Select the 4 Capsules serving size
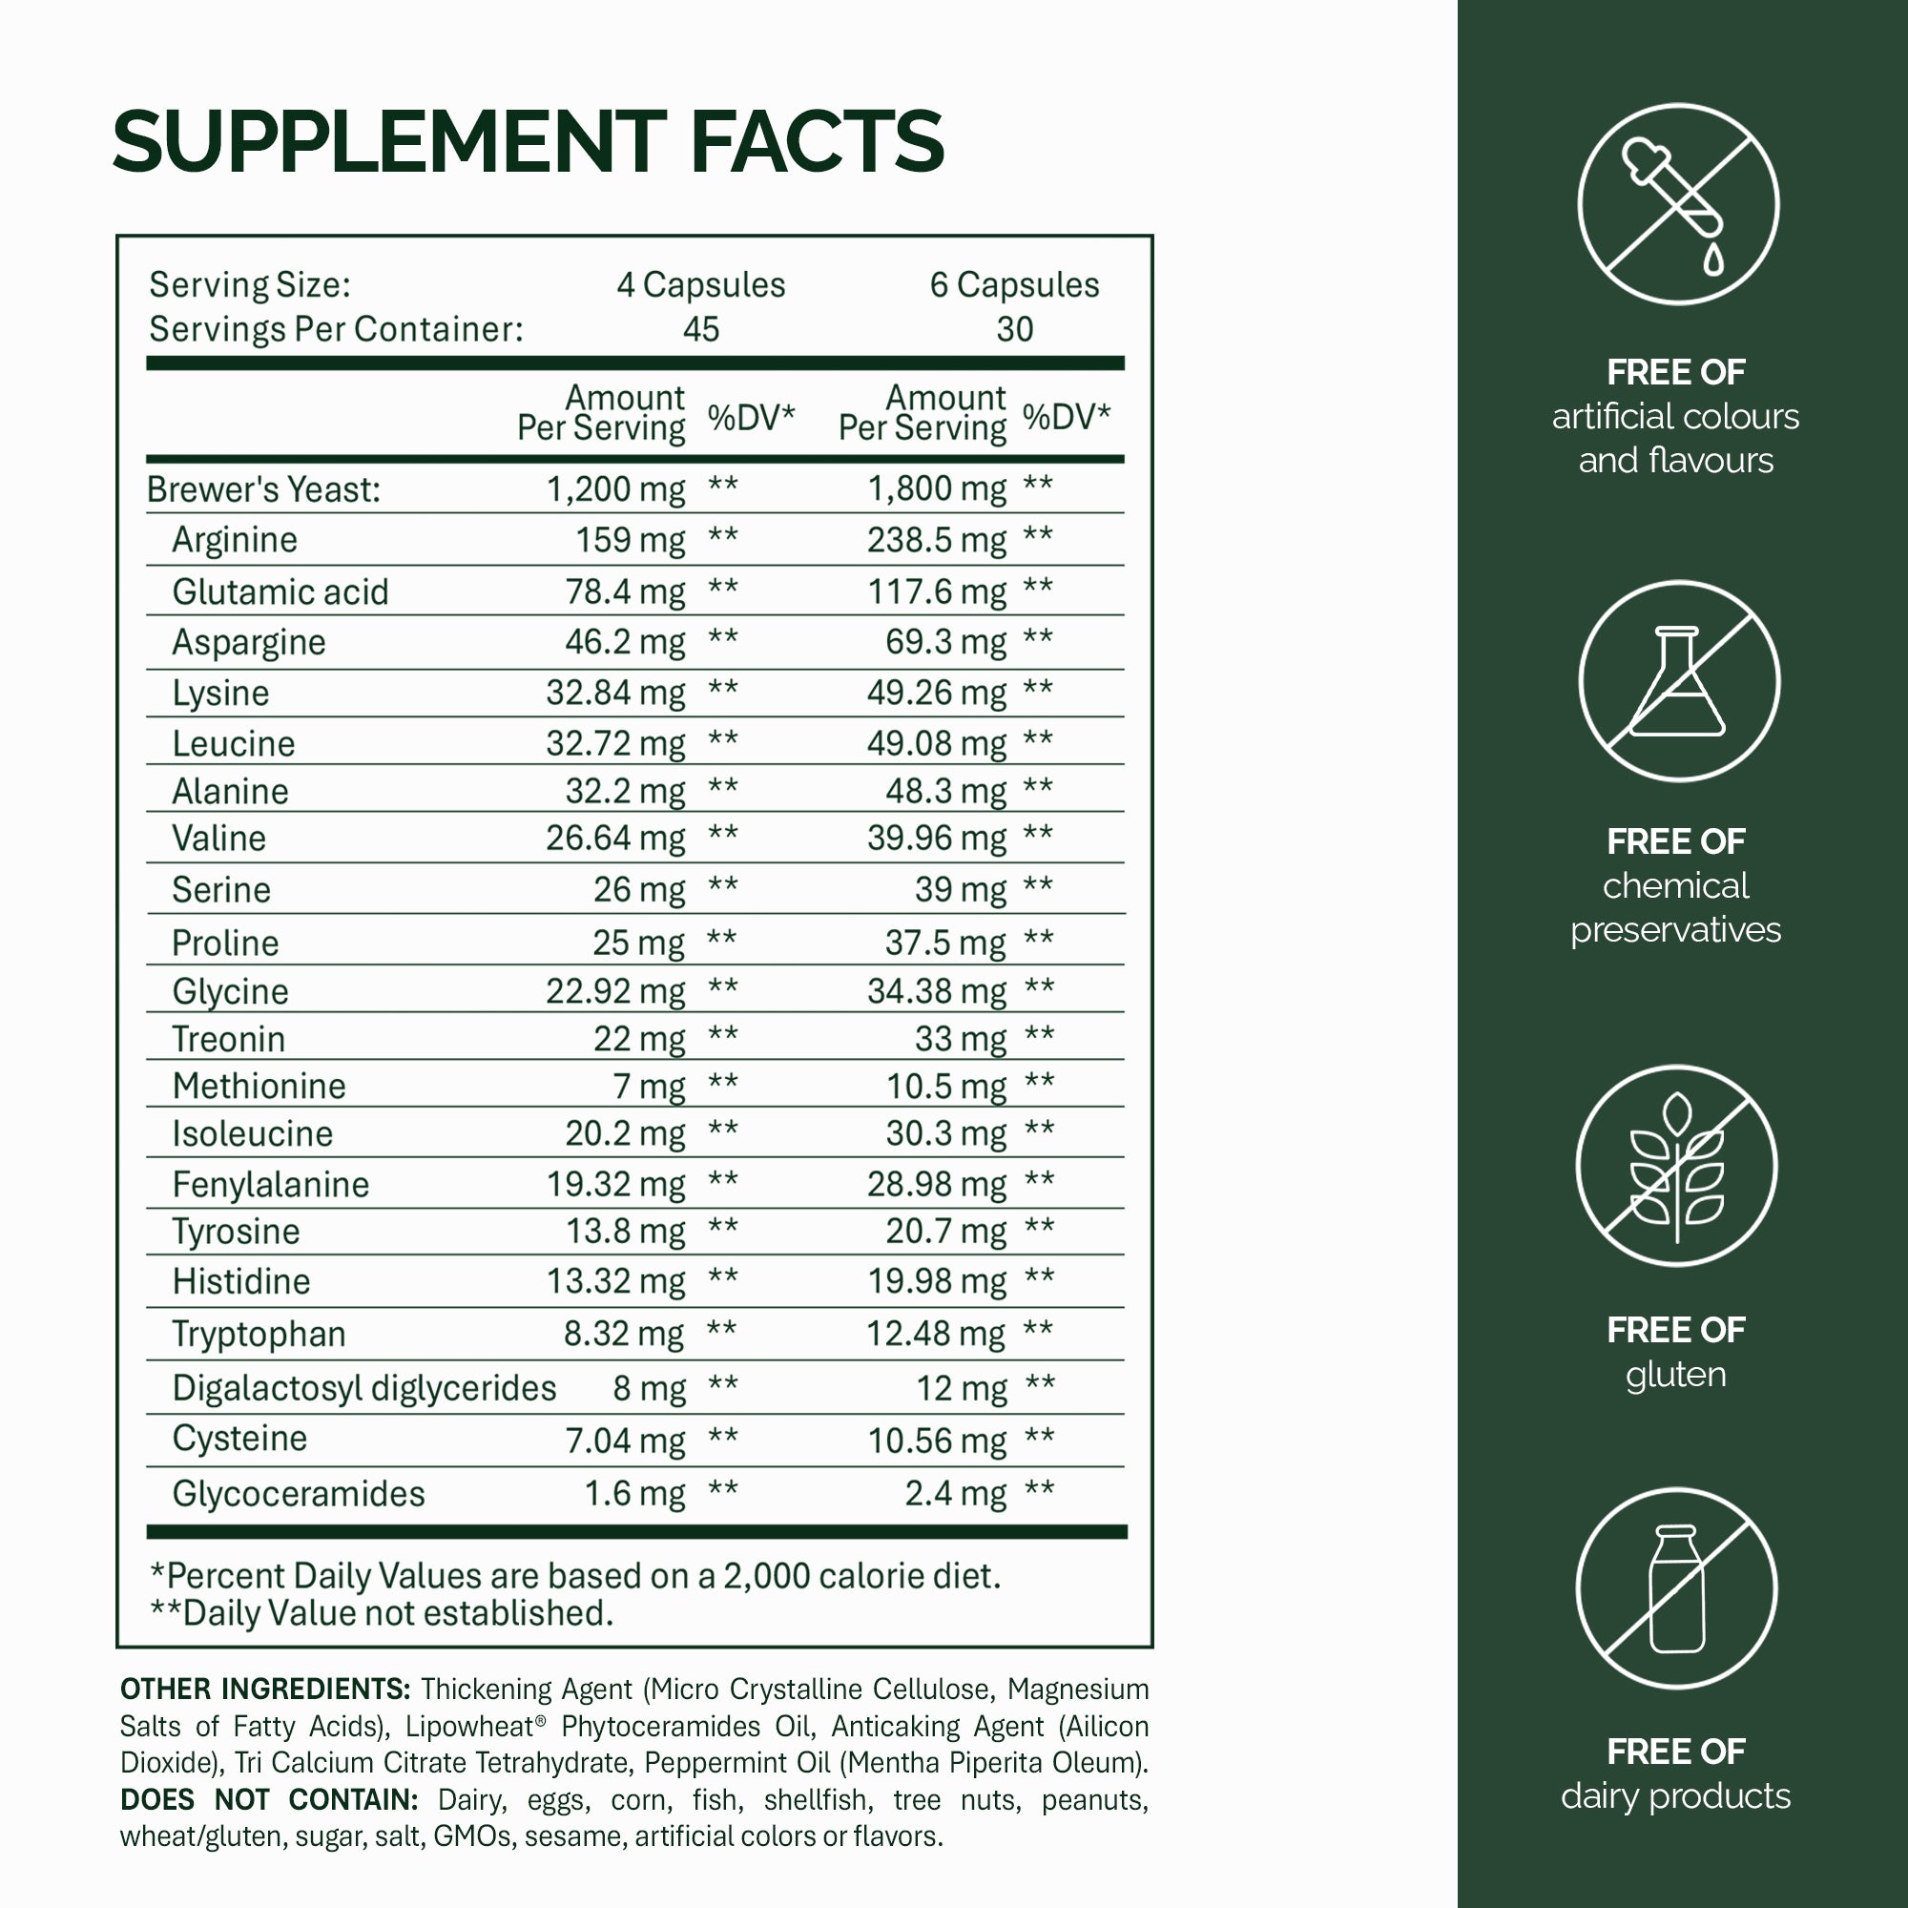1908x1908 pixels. (x=700, y=284)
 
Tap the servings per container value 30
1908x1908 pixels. (x=1014, y=329)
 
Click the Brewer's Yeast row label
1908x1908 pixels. (x=263, y=488)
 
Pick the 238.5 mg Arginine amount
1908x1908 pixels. (x=936, y=539)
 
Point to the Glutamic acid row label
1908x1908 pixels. (x=280, y=591)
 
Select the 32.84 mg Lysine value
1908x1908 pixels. (x=615, y=693)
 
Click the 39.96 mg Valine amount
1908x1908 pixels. (x=936, y=838)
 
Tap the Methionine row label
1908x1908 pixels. (x=259, y=1086)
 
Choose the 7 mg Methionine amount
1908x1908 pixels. (x=649, y=1086)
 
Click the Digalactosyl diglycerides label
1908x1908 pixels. (x=364, y=1387)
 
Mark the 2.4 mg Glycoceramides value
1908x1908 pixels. (x=955, y=1493)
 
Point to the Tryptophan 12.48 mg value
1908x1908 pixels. (x=935, y=1334)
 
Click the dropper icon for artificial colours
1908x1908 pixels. (x=1678, y=204)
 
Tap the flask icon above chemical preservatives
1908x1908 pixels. (x=1678, y=681)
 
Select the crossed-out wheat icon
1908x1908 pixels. (x=1676, y=1166)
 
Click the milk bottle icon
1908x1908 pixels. (x=1676, y=1589)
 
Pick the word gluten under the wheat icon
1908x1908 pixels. (x=1676, y=1374)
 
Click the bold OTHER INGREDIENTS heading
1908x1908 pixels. (x=264, y=1689)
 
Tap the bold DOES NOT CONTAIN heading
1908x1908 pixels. (x=269, y=1799)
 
